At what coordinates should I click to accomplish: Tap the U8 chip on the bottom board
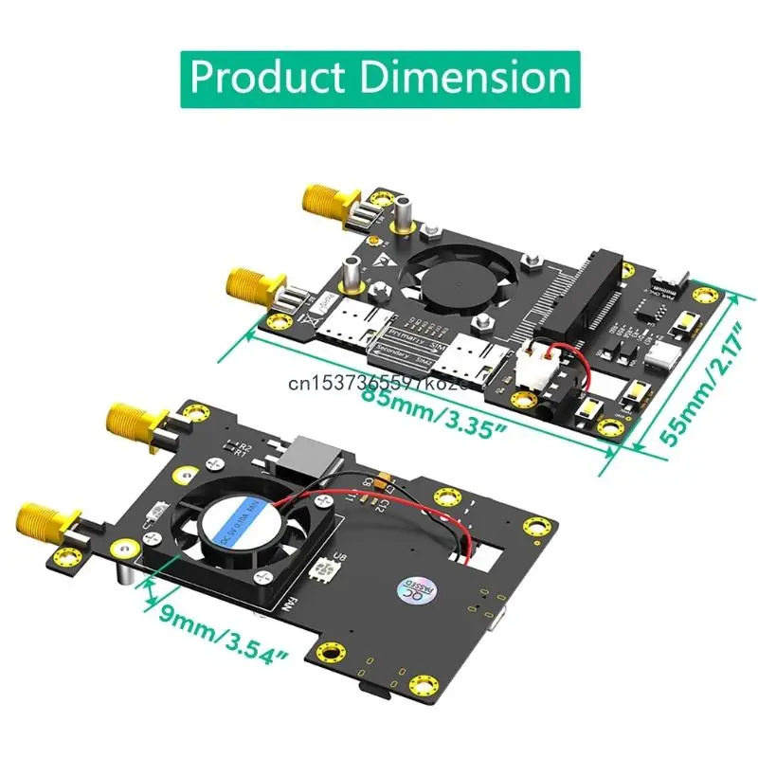click(x=337, y=563)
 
